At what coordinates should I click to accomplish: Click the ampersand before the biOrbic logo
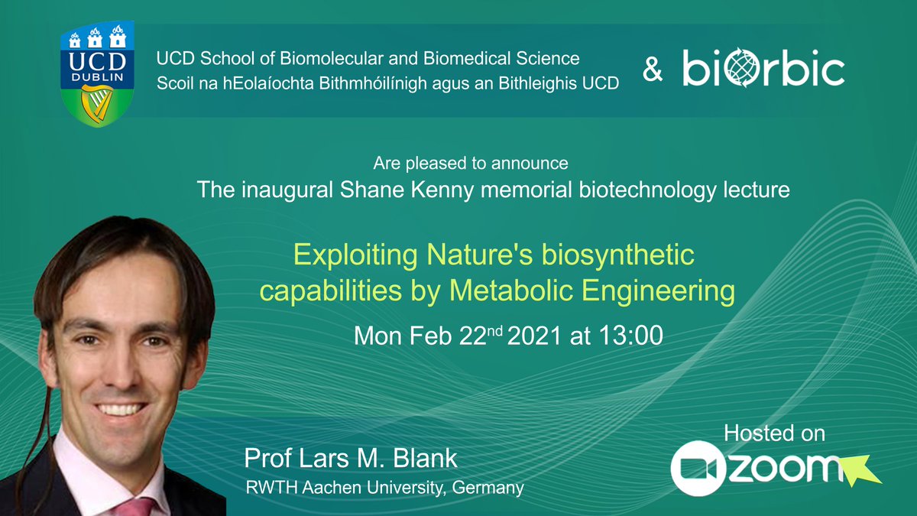pyautogui.click(x=653, y=70)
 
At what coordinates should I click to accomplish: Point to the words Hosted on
pyautogui.click(x=774, y=433)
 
